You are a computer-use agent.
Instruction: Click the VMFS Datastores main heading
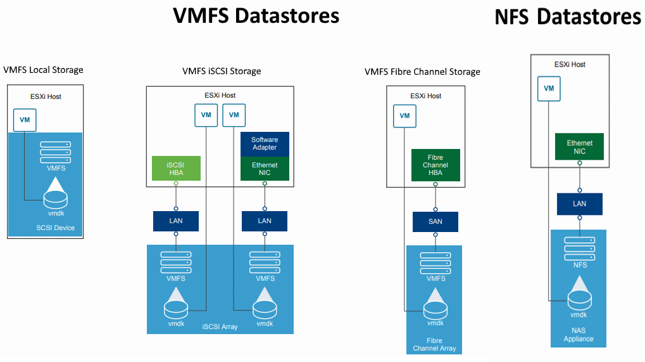256,15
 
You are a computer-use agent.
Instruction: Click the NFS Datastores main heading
568,17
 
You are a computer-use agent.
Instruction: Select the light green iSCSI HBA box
175,168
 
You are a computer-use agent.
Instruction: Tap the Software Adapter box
265,144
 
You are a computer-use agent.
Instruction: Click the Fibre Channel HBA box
435,165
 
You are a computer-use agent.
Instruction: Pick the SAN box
435,222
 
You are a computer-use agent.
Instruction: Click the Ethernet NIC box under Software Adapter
265,169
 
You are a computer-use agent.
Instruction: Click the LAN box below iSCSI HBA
176,221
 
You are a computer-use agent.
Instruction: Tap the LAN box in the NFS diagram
580,204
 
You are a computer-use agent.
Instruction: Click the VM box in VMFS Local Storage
25,119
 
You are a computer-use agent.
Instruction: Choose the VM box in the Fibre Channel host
404,115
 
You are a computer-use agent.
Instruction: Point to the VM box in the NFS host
549,88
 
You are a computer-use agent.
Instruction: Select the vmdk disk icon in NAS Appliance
579,293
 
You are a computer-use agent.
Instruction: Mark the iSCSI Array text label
220,326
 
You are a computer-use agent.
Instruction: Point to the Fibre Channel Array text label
434,345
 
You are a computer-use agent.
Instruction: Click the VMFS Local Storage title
43,70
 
